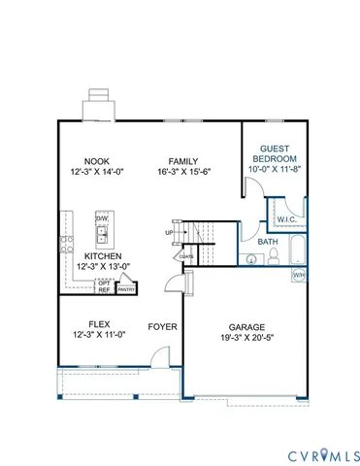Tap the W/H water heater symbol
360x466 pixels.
point(299,275)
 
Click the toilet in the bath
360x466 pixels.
point(274,257)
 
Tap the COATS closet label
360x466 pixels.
point(185,256)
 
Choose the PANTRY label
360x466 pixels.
point(126,288)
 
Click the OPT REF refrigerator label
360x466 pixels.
point(103,284)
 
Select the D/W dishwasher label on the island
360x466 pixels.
point(102,219)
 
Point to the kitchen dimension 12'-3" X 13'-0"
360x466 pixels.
point(95,267)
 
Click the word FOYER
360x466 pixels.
point(162,327)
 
